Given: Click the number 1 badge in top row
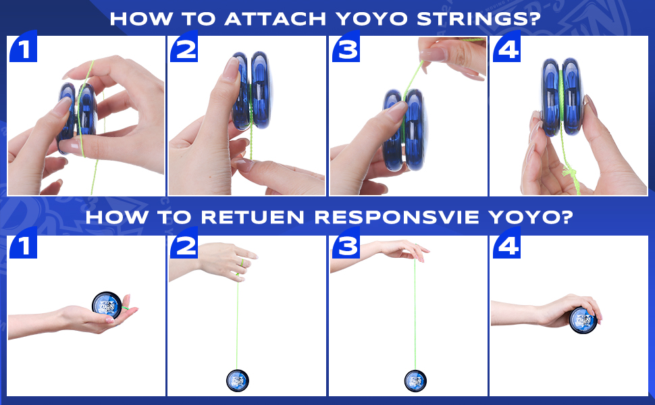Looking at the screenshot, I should pos(22,49).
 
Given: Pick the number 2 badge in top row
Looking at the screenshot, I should pos(184,49).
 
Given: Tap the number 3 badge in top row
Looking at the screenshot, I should pos(345,49).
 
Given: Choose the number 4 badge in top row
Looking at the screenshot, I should pos(506,49).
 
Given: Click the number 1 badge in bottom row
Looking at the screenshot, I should pos(22,247).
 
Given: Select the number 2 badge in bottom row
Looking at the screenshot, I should pos(184,247).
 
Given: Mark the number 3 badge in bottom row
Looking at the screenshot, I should pos(345,247).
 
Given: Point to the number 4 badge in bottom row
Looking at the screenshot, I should pos(506,247).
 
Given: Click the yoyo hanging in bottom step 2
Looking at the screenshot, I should pos(238,380).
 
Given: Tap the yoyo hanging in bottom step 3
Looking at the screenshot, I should pos(415,381).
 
